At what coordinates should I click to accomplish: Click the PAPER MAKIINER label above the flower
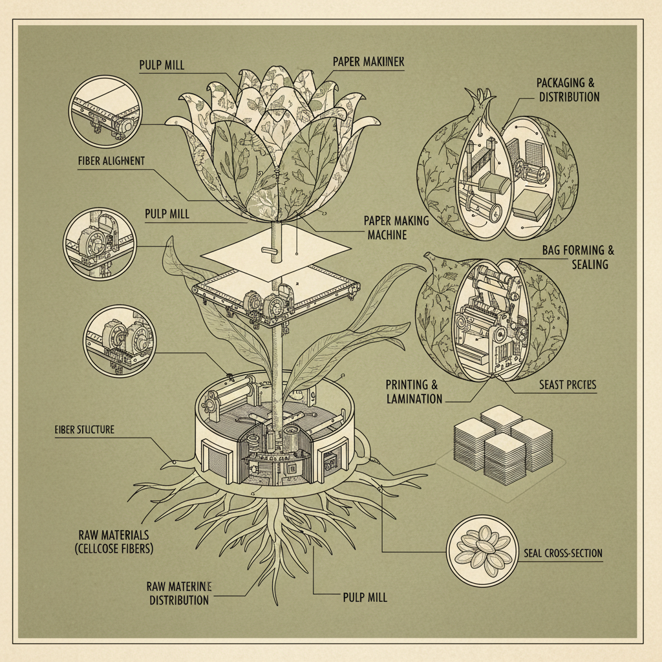368,61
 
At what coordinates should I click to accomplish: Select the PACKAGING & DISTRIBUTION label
568,90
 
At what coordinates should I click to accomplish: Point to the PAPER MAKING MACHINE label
396,227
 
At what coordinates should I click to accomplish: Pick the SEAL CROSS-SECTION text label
561,553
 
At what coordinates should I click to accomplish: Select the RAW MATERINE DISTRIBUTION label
179,593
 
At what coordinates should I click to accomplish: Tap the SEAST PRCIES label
567,385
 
